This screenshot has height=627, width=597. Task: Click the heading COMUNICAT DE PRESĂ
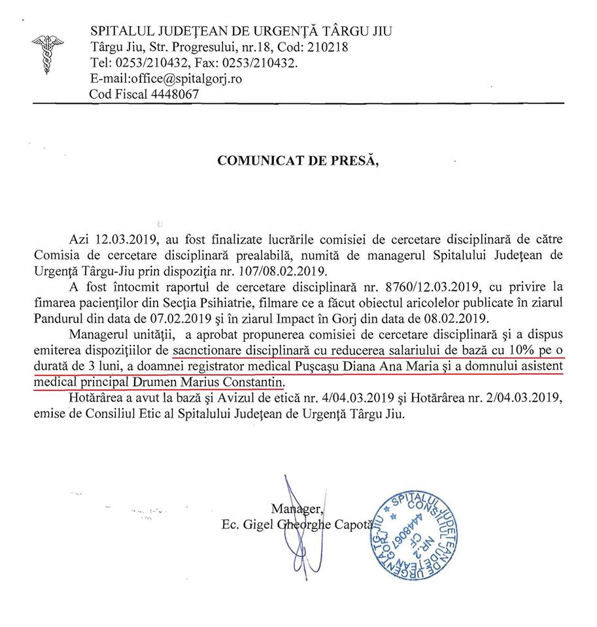[x=298, y=161]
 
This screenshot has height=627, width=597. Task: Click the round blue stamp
[x=420, y=535]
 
